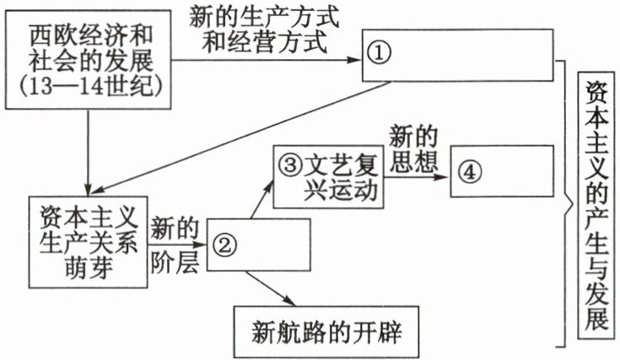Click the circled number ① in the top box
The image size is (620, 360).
point(380,52)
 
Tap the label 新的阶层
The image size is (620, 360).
point(175,244)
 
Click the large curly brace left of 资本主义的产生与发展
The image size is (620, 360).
point(562,207)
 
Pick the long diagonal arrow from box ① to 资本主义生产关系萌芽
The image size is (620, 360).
point(245,135)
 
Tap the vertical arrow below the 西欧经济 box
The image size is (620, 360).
point(88,152)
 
